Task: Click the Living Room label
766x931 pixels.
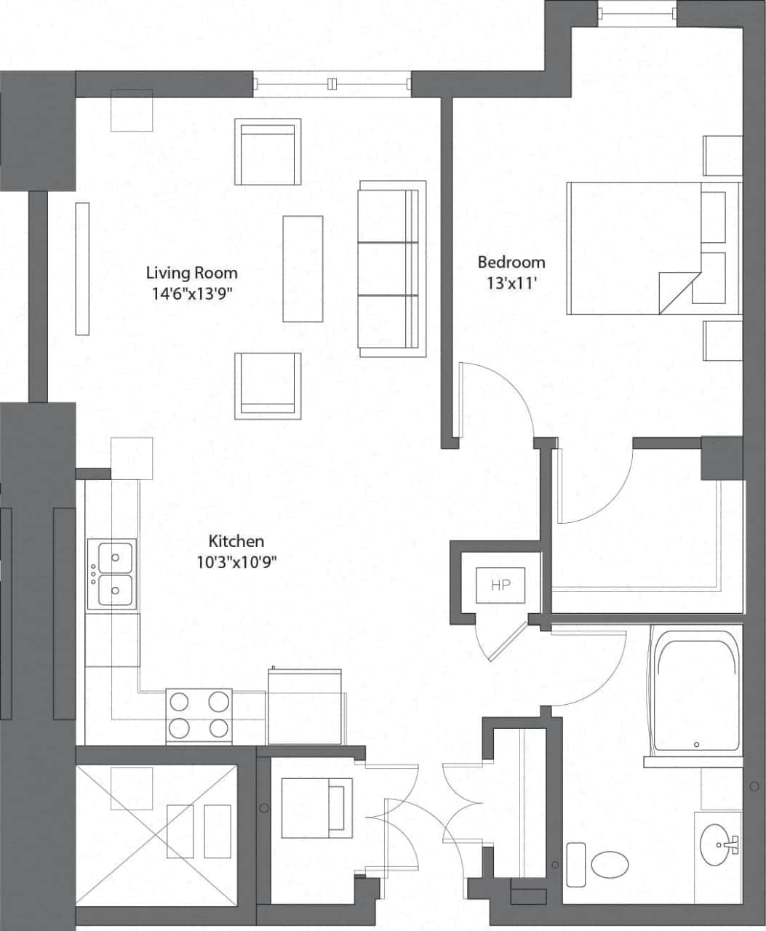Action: pos(191,273)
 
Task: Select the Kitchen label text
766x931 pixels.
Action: pos(236,541)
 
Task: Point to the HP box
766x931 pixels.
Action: pos(500,585)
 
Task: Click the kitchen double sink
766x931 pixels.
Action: pos(111,574)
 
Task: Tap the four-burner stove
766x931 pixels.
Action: pos(199,715)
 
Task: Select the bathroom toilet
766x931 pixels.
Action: pos(609,865)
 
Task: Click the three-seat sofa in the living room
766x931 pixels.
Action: pos(391,269)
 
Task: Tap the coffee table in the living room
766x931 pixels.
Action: pos(303,268)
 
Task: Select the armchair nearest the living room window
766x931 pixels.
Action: pos(268,152)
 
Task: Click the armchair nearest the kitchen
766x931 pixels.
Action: pos(268,385)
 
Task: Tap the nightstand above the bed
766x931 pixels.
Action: pos(722,156)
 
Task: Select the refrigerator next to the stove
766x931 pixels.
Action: pos(305,706)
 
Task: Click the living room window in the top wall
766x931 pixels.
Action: pos(332,84)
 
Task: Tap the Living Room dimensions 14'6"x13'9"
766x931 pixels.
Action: pos(192,294)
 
